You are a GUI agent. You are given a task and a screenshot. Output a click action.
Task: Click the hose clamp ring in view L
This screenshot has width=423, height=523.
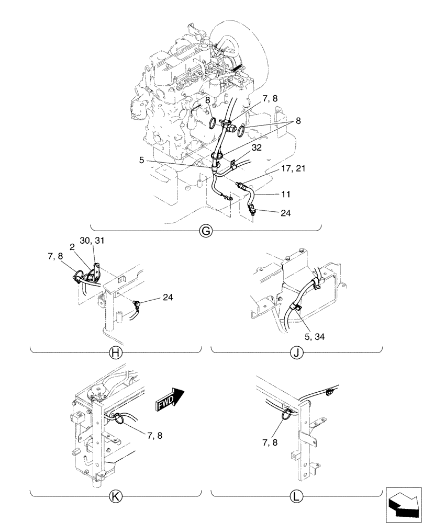pos(288,414)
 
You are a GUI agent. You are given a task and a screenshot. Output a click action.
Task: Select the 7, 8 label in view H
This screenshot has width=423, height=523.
pos(55,256)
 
